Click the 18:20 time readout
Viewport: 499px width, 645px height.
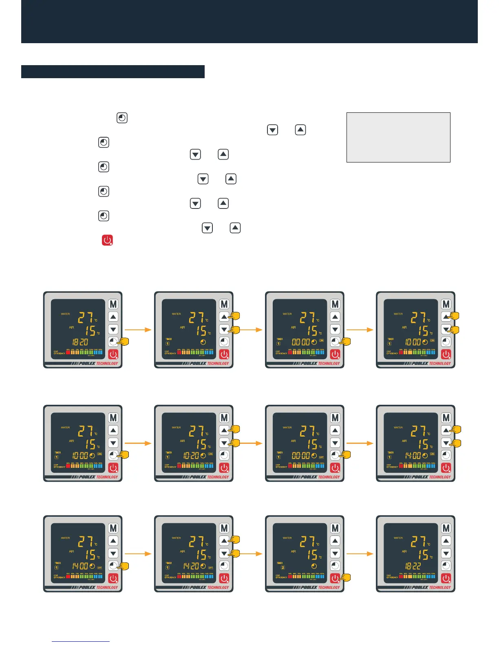(80, 342)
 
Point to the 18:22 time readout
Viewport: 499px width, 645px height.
(413, 566)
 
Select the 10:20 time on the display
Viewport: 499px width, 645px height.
(191, 456)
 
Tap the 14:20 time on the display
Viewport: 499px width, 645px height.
(191, 566)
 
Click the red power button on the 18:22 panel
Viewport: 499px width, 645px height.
(446, 578)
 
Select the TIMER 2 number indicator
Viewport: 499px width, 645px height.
(283, 567)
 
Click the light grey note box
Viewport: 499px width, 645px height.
(398, 137)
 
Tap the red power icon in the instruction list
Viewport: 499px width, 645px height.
(107, 240)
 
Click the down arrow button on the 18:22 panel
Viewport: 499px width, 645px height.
(446, 553)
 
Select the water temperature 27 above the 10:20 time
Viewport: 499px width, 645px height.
(197, 431)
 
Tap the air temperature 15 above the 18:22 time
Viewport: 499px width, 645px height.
(423, 555)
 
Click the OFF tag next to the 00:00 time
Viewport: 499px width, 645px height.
(321, 457)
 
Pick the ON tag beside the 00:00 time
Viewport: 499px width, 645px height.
(321, 340)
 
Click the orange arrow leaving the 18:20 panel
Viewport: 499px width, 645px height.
(137, 329)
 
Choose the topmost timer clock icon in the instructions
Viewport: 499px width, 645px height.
(122, 118)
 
